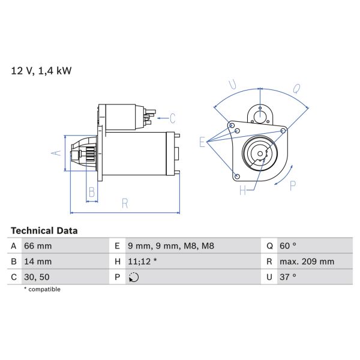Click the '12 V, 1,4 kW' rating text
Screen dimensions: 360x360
[x=41, y=71]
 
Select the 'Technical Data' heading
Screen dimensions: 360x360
[x=44, y=230]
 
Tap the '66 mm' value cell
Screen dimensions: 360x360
[x=37, y=246]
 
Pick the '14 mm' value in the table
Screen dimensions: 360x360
[x=37, y=262]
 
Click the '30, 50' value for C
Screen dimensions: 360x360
[x=37, y=277]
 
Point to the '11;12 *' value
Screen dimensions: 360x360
[x=143, y=262]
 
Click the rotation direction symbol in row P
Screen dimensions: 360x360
[x=133, y=277]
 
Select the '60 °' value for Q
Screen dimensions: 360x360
[x=288, y=246]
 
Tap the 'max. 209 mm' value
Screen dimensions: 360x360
[x=307, y=262]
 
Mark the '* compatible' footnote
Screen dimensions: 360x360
[x=42, y=289]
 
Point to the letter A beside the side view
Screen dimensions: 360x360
[x=58, y=152]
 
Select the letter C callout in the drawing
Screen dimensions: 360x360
[x=172, y=118]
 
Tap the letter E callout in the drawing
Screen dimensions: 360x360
[x=203, y=142]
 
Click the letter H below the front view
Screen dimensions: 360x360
[x=243, y=191]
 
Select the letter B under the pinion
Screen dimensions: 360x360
[x=92, y=192]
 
